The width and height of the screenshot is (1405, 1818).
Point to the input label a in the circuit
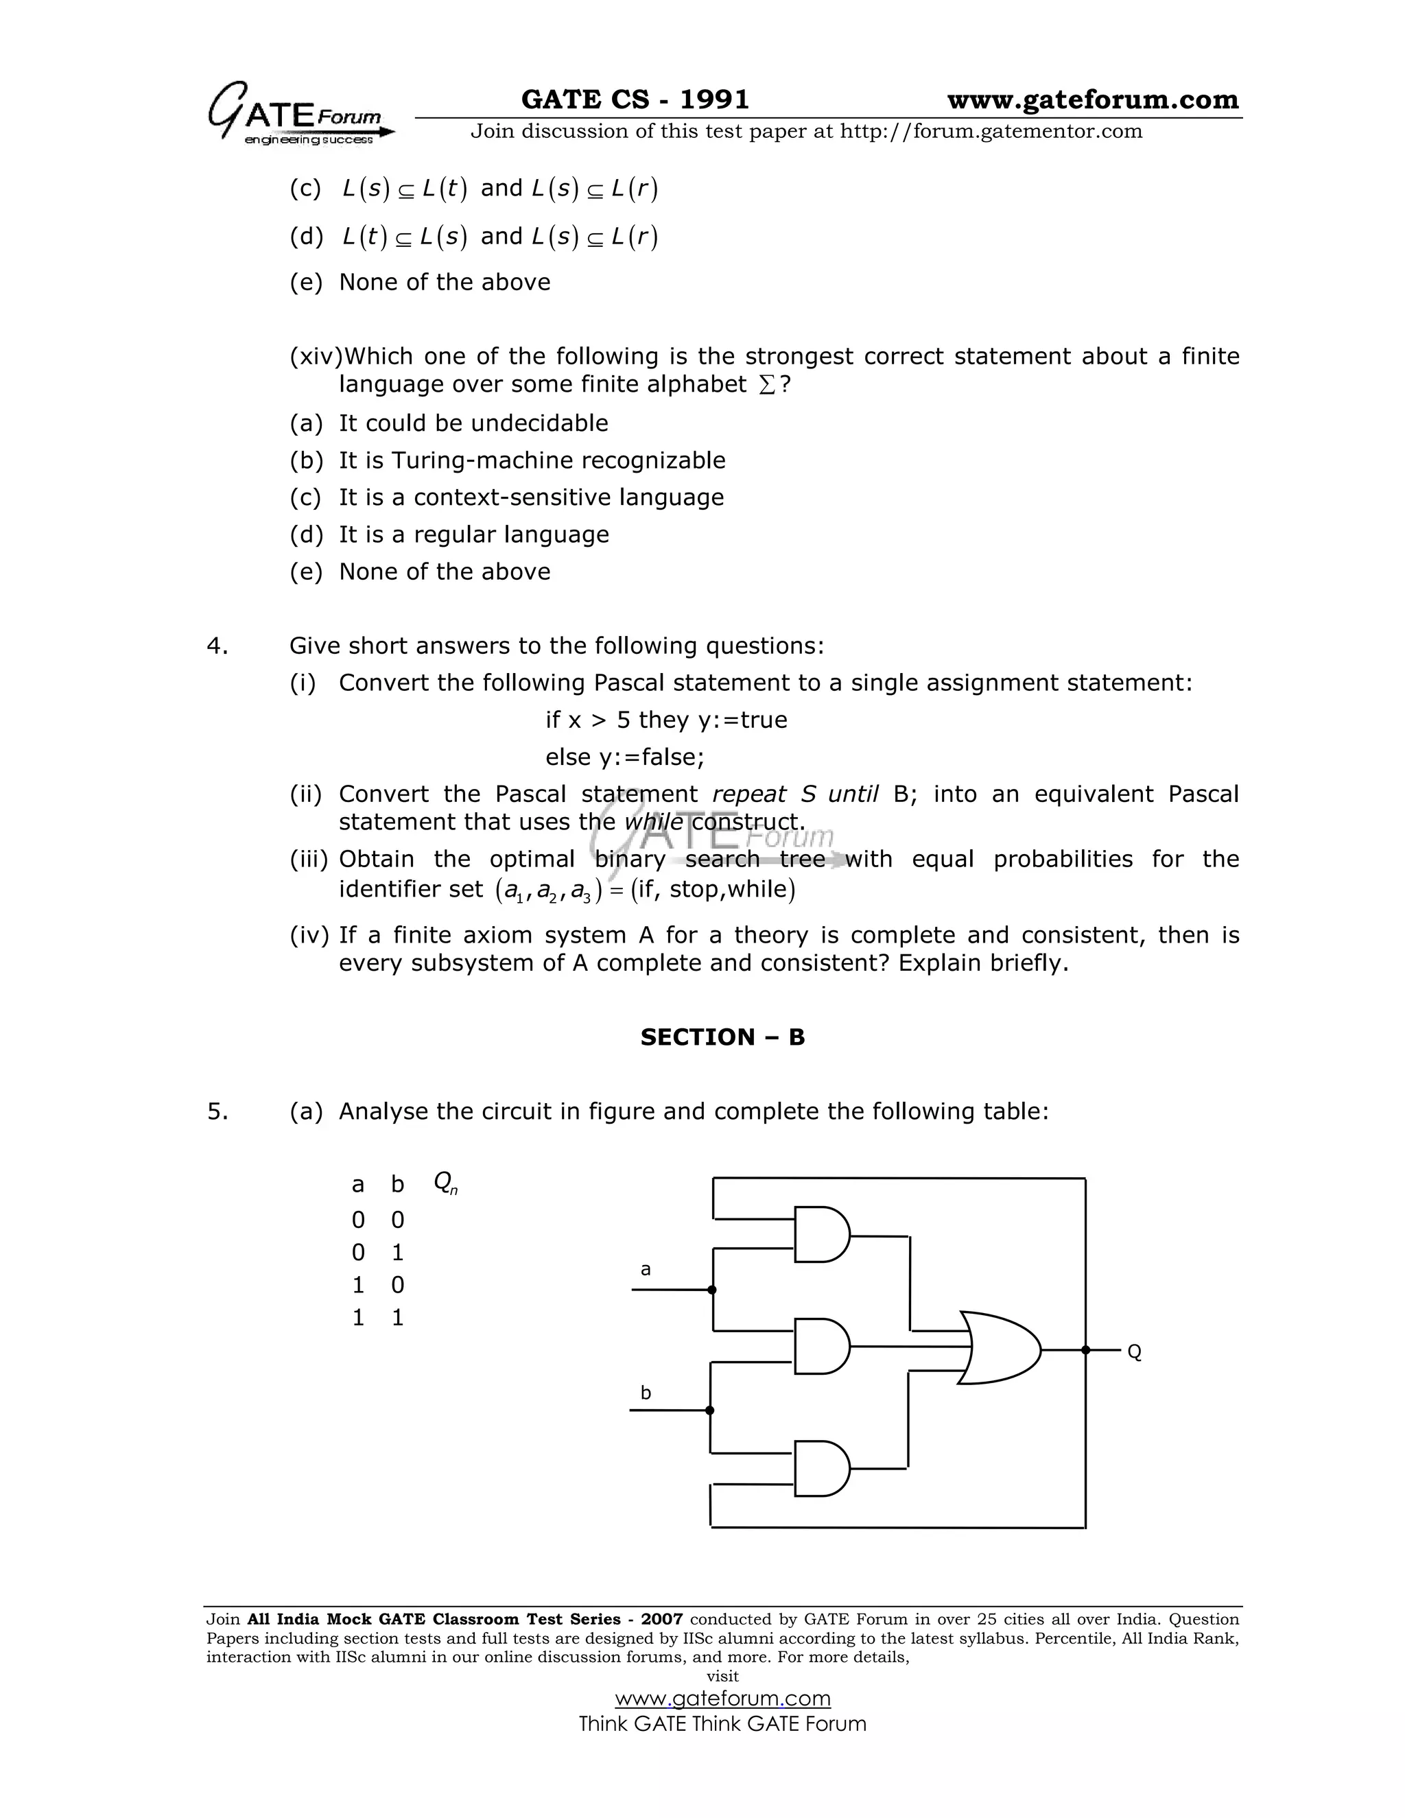click(645, 1269)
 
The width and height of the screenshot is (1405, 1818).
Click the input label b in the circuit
click(645, 1393)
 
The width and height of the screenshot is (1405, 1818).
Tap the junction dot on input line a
click(711, 1290)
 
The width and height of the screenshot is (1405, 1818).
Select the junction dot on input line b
click(709, 1410)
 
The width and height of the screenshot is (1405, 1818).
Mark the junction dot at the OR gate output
click(1085, 1350)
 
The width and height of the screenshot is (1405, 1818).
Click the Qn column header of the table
click(445, 1183)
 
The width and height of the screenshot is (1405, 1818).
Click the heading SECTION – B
click(722, 1037)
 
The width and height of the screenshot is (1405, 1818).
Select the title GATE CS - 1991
click(635, 100)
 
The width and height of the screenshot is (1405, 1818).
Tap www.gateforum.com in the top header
click(1093, 100)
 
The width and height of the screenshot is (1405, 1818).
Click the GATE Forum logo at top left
click(300, 114)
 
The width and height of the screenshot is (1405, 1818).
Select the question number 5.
click(216, 1111)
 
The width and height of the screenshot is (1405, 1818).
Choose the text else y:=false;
click(624, 757)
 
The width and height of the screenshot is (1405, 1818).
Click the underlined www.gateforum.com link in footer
click(722, 1698)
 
